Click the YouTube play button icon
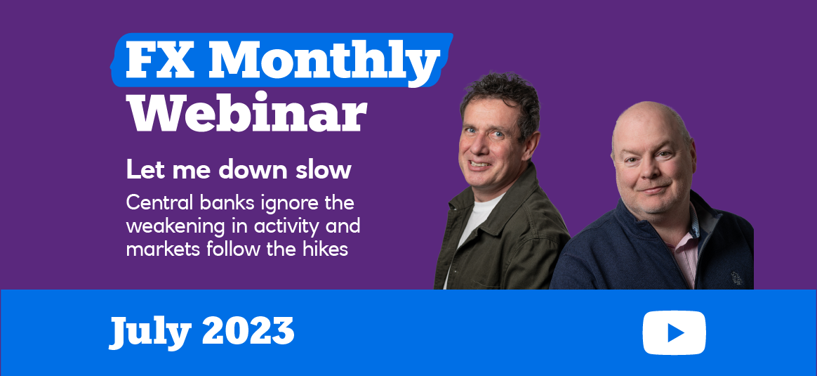tap(675, 332)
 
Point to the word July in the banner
tap(150, 332)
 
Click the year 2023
tap(248, 330)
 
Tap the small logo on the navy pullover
tap(737, 278)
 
